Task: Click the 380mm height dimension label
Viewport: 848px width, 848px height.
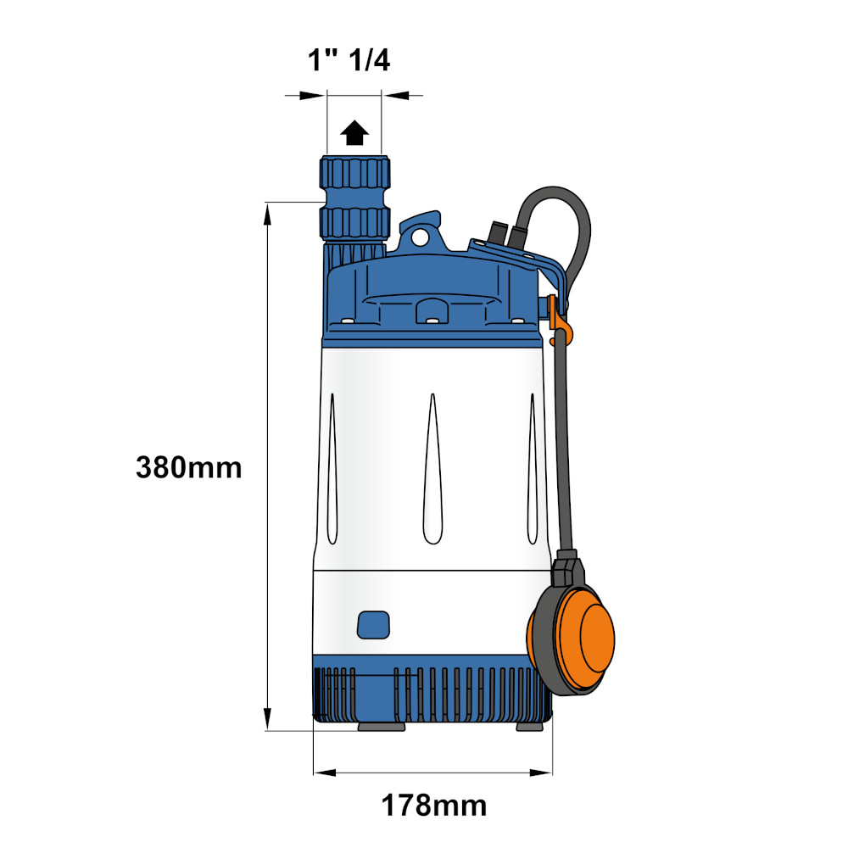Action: pos(188,468)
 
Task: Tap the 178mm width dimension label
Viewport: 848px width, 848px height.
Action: pos(433,806)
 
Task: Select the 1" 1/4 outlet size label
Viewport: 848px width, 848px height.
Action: pos(349,59)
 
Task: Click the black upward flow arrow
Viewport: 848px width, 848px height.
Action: pos(354,132)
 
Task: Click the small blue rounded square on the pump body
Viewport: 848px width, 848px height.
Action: pos(373,625)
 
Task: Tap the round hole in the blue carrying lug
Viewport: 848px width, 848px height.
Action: pos(420,237)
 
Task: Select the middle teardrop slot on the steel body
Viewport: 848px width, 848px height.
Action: pos(432,468)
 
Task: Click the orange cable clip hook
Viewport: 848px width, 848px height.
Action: pos(559,321)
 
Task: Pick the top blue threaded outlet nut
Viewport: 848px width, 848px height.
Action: pos(354,172)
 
